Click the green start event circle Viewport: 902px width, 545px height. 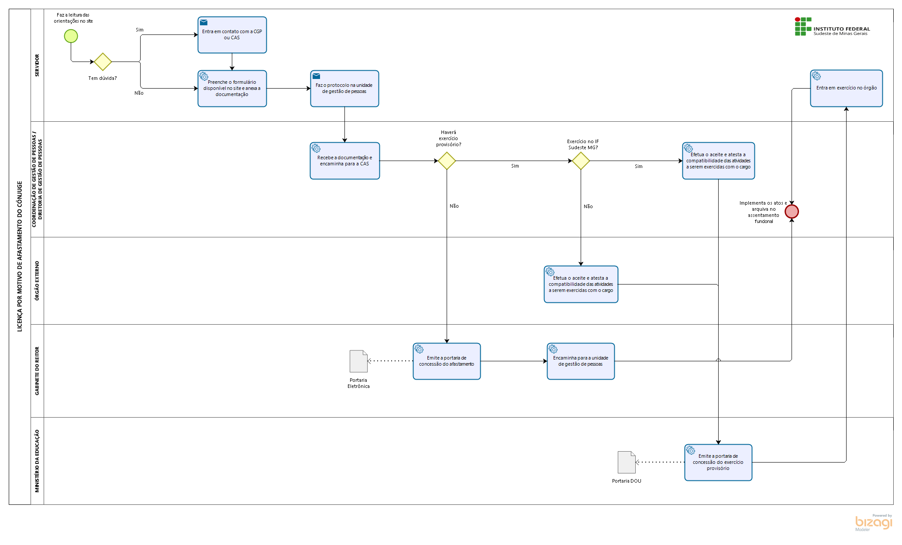coord(71,36)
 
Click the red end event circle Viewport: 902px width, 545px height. coord(792,212)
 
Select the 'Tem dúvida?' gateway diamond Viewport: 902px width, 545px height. coord(103,62)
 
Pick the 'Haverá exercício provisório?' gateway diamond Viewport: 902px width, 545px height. coord(447,161)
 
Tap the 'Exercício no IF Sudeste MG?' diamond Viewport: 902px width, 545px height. coord(581,161)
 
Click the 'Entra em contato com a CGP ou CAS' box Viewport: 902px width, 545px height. coord(232,35)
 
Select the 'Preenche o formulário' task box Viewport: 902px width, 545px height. coord(232,89)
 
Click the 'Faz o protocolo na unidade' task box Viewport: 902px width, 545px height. coord(344,89)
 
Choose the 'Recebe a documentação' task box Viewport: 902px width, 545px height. coord(345,161)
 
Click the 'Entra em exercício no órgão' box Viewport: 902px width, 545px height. coord(847,88)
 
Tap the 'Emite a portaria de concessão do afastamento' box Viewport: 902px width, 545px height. coord(447,361)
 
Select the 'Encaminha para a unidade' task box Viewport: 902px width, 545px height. coord(581,361)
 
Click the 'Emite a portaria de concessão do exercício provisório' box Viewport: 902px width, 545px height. coord(718,463)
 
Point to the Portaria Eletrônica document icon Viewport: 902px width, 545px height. coord(358,361)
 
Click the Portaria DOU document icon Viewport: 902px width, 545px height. coord(627,462)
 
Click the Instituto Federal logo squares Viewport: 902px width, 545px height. coord(803,27)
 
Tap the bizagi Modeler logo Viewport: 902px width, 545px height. coord(873,522)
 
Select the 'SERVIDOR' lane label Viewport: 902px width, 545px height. coord(37,65)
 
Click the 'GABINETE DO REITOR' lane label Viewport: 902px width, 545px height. coord(37,371)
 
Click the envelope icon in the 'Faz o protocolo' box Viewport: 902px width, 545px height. coord(316,76)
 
